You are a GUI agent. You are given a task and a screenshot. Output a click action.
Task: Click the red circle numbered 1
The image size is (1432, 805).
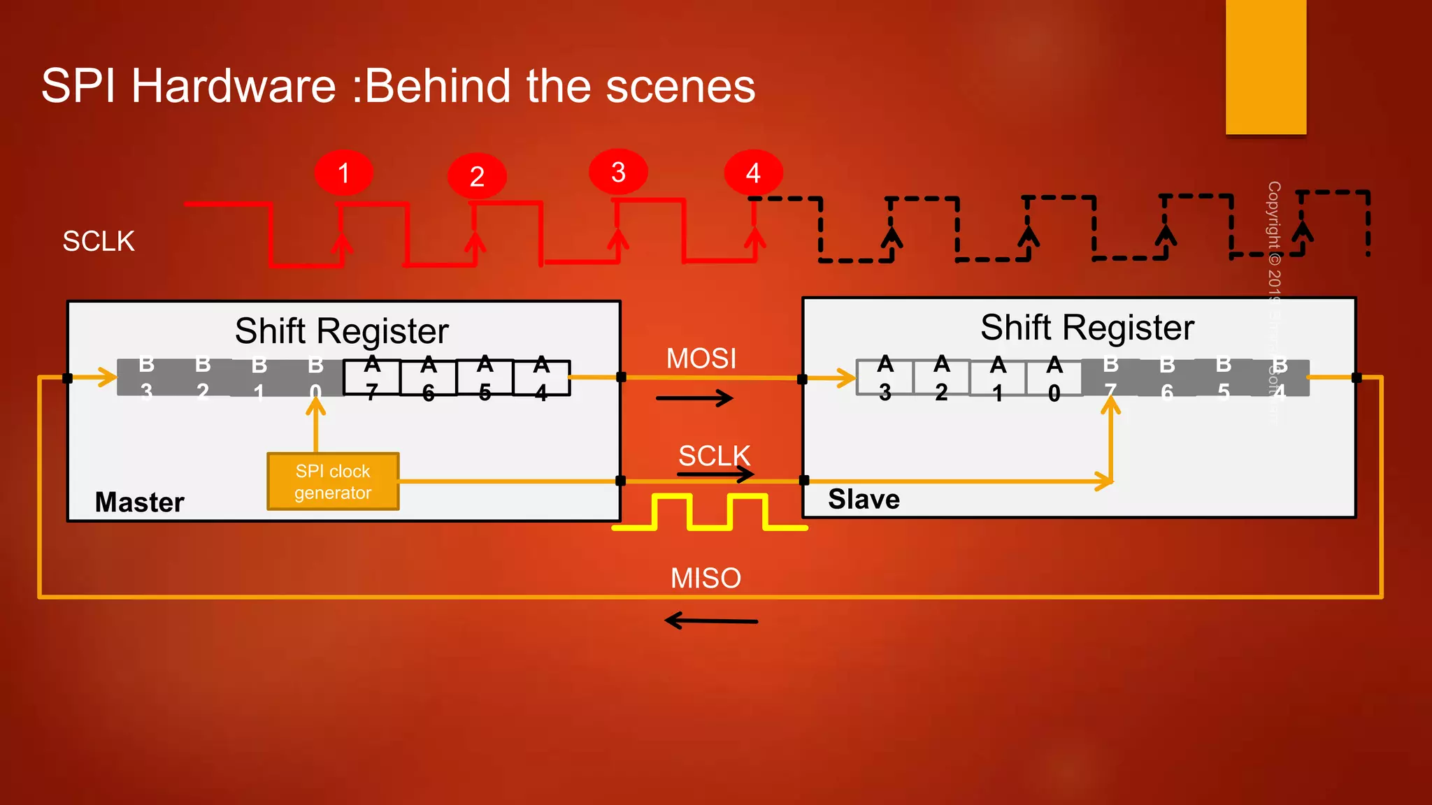pos(343,173)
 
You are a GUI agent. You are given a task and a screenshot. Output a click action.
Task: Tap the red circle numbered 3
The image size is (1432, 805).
pos(618,172)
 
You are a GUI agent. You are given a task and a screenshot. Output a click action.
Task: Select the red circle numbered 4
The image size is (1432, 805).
pos(753,173)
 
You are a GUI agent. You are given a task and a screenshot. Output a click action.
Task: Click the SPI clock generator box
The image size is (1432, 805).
pos(333,481)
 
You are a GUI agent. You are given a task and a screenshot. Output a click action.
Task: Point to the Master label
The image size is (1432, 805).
pos(140,502)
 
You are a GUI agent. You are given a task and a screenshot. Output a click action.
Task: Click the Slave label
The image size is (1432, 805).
pos(864,499)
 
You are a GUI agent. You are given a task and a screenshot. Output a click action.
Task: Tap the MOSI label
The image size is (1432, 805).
pos(701,358)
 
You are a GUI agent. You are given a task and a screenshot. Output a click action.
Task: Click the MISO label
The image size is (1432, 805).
pos(706,578)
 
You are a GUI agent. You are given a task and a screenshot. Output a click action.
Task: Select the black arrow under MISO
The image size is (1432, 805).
pos(710,621)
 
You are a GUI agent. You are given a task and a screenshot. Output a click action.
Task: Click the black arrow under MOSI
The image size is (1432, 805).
pos(694,398)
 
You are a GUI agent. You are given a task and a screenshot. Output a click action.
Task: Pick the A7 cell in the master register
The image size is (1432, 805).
pos(372,378)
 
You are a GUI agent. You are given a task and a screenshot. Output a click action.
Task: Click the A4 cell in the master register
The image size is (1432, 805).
pos(541,378)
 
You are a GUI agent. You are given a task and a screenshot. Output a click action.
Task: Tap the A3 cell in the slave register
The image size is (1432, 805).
pos(885,378)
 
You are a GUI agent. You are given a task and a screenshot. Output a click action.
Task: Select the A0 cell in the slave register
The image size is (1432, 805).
pos(1054,378)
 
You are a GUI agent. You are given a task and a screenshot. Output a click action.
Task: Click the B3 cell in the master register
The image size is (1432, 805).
pos(146,378)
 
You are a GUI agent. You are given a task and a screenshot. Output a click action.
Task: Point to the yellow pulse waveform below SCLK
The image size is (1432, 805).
pos(710,513)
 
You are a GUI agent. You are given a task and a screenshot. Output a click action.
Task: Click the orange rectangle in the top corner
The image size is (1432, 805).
pos(1266,67)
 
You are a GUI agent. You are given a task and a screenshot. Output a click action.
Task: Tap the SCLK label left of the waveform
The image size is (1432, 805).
pos(99,241)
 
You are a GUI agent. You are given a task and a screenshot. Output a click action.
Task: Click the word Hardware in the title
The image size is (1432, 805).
pos(234,86)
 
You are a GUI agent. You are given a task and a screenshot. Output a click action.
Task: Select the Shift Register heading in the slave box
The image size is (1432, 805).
pos(1087,327)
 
